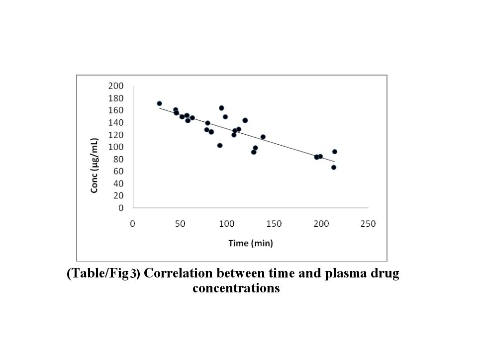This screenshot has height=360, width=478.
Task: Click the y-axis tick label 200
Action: tap(116, 86)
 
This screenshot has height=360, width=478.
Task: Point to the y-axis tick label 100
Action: tap(116, 147)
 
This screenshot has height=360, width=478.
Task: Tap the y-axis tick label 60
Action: tap(118, 172)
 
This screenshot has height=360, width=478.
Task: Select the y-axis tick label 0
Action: tap(121, 208)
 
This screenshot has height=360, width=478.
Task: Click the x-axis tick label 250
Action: tap(369, 224)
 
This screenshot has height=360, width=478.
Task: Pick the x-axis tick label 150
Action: tap(274, 224)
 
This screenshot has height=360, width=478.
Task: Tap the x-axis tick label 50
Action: tap(180, 224)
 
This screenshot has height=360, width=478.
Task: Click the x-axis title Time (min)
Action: tap(251, 243)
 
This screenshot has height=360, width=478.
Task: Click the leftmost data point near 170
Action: tap(159, 103)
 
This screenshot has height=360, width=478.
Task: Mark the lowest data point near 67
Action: tap(334, 167)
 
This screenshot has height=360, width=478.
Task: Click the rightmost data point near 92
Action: tap(335, 152)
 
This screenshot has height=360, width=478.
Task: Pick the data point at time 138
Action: tap(263, 137)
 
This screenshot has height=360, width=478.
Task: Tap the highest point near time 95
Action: tap(221, 108)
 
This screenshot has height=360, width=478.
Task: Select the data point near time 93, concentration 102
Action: tap(220, 145)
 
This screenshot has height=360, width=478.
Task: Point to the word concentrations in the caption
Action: tap(236, 288)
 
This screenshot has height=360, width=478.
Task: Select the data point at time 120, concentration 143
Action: tap(245, 120)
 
